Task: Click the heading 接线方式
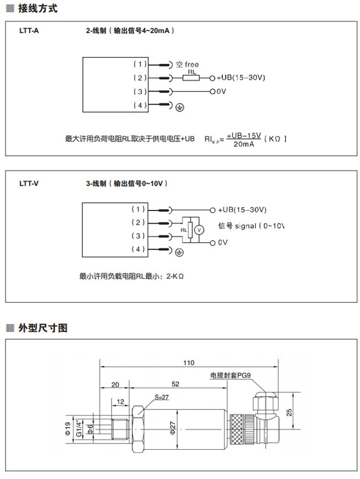[x=38, y=9]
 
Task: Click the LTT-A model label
[x=29, y=31]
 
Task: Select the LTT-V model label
[x=29, y=183]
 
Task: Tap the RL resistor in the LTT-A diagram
[x=191, y=78]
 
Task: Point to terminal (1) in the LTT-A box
[x=140, y=64]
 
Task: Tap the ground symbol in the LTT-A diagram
[x=179, y=107]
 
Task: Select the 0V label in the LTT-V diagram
[x=223, y=242]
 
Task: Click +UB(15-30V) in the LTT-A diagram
[x=241, y=78]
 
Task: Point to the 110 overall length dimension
[x=189, y=363]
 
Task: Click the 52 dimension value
[x=176, y=384]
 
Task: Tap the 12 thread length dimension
[x=120, y=401]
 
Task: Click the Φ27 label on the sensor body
[x=174, y=427]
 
